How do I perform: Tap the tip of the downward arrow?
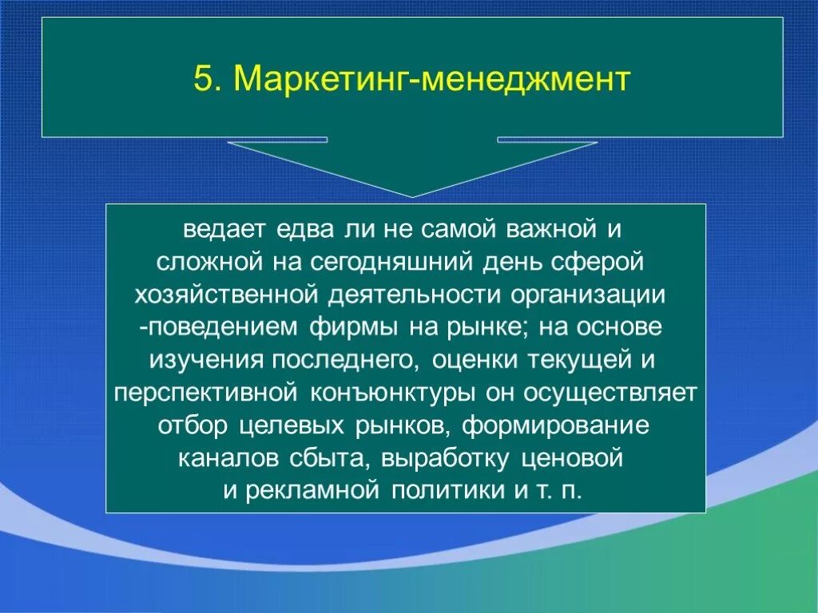[x=412, y=196]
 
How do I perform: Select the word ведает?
[x=224, y=230]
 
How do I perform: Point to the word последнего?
[x=344, y=361]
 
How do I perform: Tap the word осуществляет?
[x=611, y=394]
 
